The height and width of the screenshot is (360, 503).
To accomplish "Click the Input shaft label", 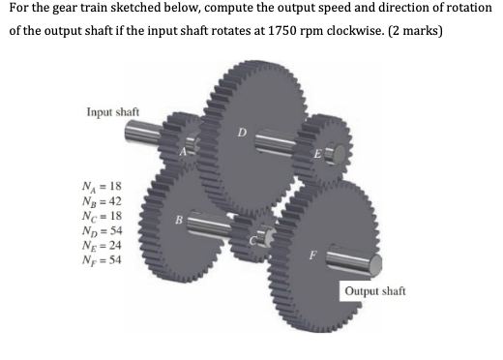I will pyautogui.click(x=112, y=113).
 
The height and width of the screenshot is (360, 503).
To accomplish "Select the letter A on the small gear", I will pyautogui.click(x=184, y=151).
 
